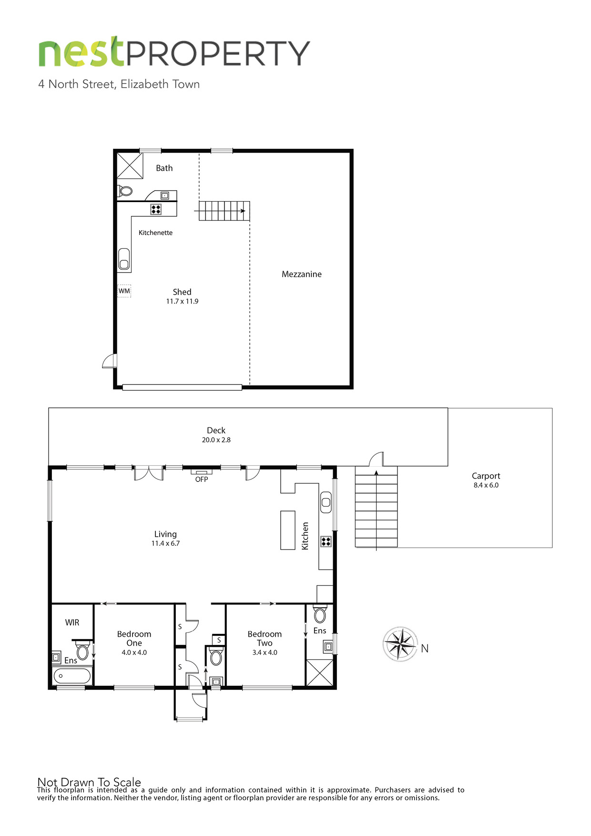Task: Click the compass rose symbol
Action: [x=400, y=644]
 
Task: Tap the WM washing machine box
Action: [x=124, y=291]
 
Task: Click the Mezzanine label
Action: [x=302, y=274]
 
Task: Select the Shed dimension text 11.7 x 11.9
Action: [x=182, y=301]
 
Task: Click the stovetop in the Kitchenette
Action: [x=156, y=209]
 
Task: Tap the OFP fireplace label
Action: [x=202, y=479]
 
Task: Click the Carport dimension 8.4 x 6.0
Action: [x=486, y=485]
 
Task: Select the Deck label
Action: [x=216, y=430]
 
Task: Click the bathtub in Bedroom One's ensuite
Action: [x=72, y=676]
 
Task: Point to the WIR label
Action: [x=72, y=622]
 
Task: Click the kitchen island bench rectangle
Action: [x=288, y=530]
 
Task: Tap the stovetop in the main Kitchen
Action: [x=326, y=541]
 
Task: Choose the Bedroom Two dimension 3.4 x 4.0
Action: [x=265, y=652]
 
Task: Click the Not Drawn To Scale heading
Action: [x=89, y=782]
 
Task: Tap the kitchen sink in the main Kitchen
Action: [x=326, y=502]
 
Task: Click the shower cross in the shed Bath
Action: [x=130, y=165]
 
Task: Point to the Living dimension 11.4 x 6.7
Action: [x=165, y=543]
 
